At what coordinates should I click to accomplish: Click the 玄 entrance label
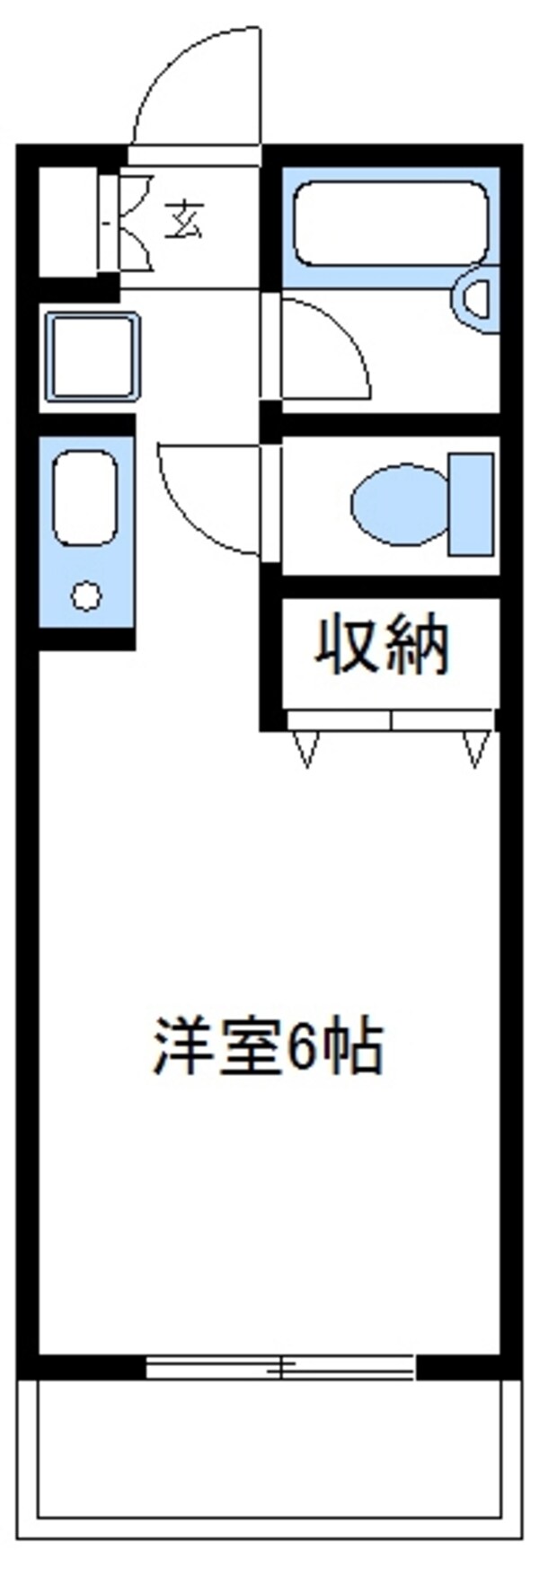[184, 219]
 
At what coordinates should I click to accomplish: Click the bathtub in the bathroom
[391, 224]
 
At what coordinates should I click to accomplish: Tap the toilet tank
[471, 504]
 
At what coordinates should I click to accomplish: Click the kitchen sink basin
[85, 498]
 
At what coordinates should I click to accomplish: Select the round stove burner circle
[86, 595]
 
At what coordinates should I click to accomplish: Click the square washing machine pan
[93, 357]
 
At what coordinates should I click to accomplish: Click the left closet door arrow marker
[306, 748]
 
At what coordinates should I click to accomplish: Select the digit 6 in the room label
[300, 1047]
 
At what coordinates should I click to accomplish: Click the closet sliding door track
[391, 720]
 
